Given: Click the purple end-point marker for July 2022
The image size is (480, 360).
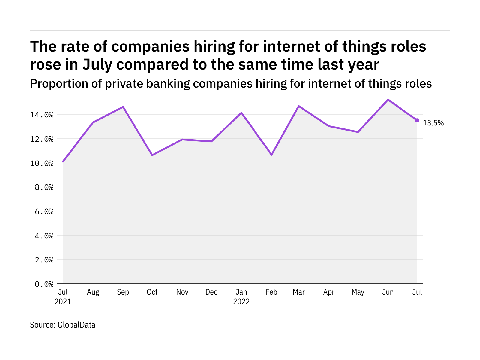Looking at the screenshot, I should point(417,120).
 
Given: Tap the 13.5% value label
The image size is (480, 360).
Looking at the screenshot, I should point(433,123).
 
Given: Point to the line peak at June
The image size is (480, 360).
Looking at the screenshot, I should point(388,100).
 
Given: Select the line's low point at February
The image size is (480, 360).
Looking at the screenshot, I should point(271,155).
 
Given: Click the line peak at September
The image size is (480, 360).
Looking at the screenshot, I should point(123,107).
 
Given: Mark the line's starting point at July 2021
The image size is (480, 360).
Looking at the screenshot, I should point(63,162).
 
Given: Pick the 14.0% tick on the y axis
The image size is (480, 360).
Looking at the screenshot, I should point(44,115).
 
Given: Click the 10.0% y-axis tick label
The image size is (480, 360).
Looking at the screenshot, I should point(44,163).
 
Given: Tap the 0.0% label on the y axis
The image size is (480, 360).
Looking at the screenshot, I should point(44,284).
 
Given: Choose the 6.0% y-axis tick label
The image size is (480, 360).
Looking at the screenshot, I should point(44,212).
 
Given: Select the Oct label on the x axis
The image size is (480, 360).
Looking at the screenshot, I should point(152,292).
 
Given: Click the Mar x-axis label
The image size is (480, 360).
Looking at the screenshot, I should point(299,292).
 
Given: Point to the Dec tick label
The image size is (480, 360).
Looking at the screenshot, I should point(211,292).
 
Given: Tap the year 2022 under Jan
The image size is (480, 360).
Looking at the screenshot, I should point(241,302).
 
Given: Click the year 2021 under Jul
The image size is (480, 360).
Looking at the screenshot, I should point(63,302).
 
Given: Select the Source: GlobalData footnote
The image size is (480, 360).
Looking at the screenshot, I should point(63,325).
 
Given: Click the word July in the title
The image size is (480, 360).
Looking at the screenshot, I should point(96,64).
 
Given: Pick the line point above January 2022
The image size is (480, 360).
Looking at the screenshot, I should point(241,112).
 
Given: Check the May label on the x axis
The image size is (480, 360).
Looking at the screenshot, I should point(358,292).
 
